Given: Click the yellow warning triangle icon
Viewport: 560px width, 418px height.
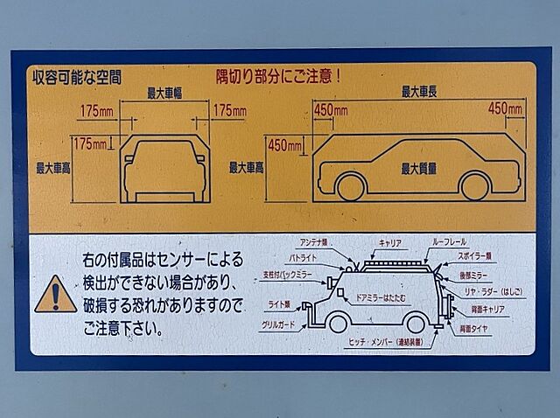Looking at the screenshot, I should [x=55, y=295].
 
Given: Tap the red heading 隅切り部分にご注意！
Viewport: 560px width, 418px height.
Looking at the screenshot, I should [x=277, y=76].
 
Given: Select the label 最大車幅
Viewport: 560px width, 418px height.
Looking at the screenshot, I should [x=164, y=93].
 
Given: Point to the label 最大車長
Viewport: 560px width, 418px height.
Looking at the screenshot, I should [x=419, y=91].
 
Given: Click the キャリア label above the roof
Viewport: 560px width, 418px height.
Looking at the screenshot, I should [x=390, y=241].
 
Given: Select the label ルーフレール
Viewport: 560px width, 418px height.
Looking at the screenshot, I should [x=450, y=241].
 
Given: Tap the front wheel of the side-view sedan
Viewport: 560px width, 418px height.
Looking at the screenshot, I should [x=351, y=186].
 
